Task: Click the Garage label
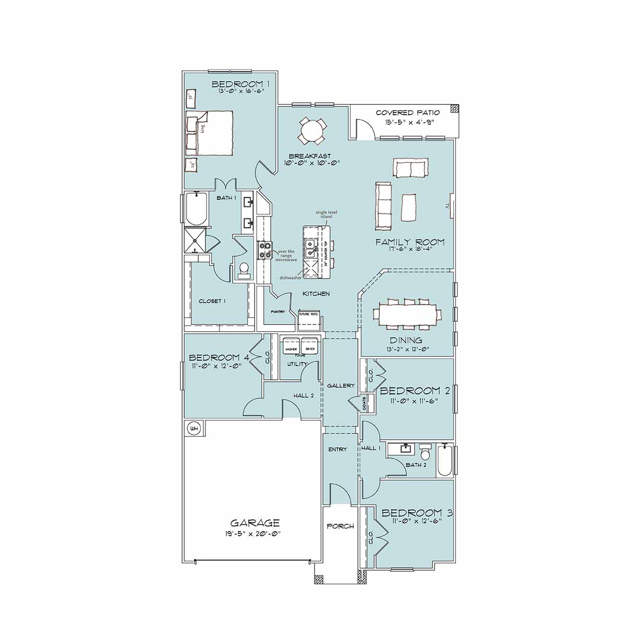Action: (255, 523)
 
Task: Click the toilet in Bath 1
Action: (244, 269)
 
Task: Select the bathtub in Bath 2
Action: (445, 460)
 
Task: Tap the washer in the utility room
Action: (291, 347)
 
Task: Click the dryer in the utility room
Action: (310, 347)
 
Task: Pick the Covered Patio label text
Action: (407, 113)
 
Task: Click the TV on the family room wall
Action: (449, 207)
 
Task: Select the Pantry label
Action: (278, 312)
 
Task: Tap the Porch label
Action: (340, 526)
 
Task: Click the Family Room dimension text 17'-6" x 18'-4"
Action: (411, 249)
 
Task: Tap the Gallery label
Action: (341, 386)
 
